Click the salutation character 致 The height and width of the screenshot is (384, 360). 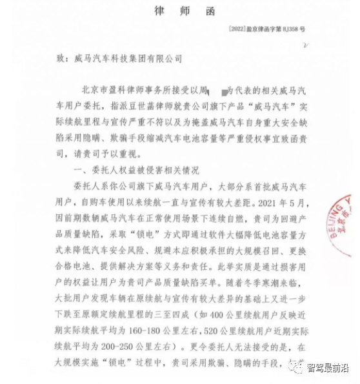[x=61, y=57]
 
